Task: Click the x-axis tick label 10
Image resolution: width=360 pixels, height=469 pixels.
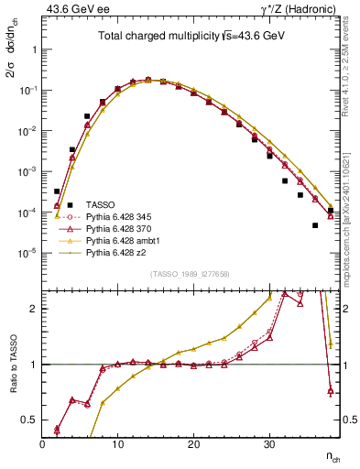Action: click(117, 443)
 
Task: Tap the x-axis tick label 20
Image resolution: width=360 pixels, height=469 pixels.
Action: click(193, 443)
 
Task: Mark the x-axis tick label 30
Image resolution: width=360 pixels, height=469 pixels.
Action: click(268, 443)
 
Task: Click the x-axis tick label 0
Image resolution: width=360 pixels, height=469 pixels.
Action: click(42, 443)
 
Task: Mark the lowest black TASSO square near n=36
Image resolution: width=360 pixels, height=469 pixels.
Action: click(315, 225)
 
